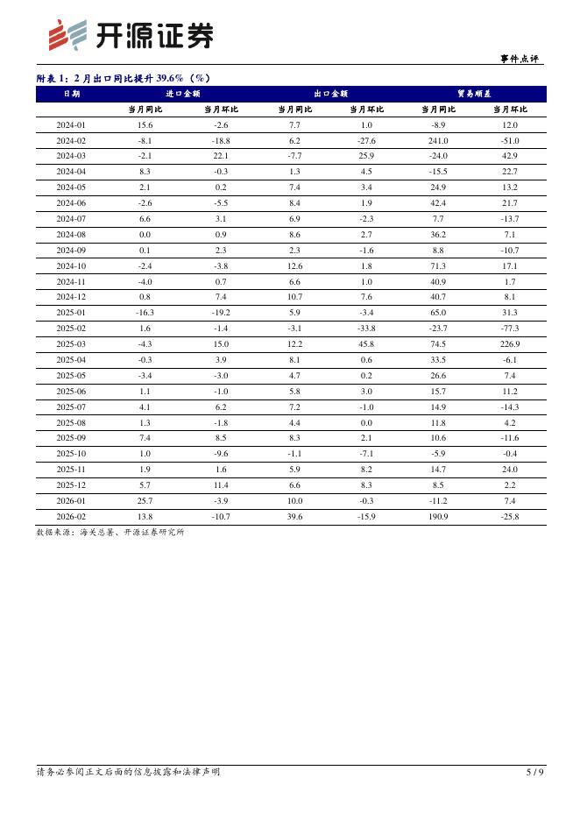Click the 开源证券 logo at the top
point(130,35)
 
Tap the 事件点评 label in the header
point(520,59)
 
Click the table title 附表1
point(124,78)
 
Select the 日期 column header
point(71,94)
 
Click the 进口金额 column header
point(182,94)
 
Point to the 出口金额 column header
point(330,94)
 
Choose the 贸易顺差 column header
point(474,94)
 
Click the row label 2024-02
point(71,140)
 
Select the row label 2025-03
point(71,344)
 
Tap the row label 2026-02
point(71,517)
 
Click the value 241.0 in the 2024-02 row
point(438,140)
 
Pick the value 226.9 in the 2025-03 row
point(510,344)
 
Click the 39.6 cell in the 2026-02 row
point(294,517)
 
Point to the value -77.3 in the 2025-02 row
point(510,329)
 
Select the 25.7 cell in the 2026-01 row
point(145,501)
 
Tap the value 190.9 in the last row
point(438,517)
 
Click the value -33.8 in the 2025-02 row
point(366,329)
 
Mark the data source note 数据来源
point(110,532)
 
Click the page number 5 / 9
point(534,772)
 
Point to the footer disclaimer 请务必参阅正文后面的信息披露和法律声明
point(128,772)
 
